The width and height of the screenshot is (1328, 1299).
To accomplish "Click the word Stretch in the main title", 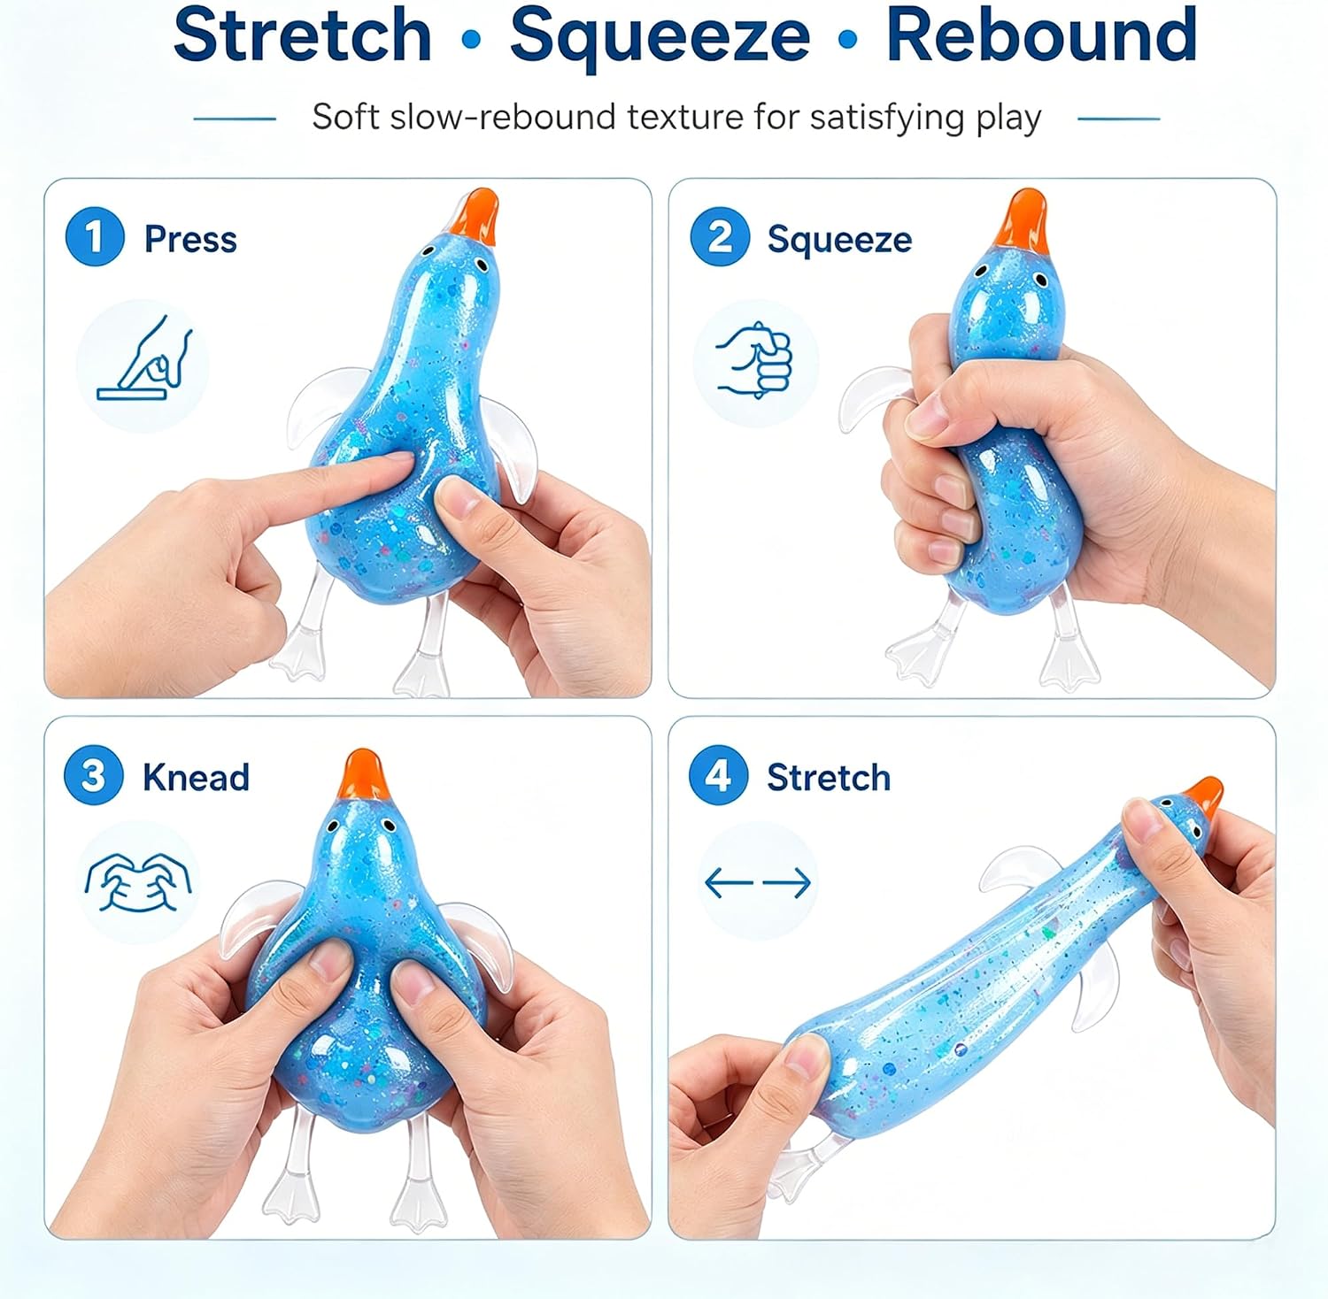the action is [302, 35].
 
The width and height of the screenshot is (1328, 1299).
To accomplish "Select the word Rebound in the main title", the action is [1041, 35].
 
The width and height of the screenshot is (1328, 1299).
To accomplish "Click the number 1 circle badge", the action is [95, 236].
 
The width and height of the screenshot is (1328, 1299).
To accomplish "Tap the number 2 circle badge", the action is [720, 236].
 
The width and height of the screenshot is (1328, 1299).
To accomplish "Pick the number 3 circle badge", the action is [93, 776].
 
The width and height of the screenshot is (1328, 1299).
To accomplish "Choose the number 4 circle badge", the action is [718, 776].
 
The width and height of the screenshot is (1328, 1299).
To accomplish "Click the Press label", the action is [190, 240].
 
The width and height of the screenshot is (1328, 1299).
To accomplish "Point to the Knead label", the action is [196, 778].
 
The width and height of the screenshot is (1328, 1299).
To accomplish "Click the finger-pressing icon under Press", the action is [144, 358].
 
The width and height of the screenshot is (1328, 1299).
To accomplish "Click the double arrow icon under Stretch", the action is [758, 882].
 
